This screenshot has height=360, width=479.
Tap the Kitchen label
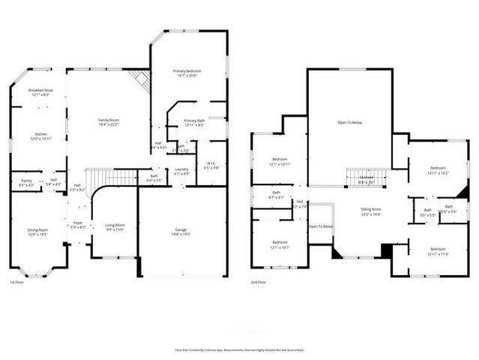(40, 136)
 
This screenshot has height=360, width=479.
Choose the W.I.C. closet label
(211, 165)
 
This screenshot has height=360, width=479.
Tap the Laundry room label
(181, 171)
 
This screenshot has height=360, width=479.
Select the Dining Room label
(37, 232)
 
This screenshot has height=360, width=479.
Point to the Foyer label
(78, 224)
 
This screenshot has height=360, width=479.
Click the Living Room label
(115, 226)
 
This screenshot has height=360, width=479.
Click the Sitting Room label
(371, 211)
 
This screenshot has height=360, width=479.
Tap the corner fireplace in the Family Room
(139, 79)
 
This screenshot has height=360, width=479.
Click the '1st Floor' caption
(19, 282)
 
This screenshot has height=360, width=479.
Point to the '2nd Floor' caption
(260, 282)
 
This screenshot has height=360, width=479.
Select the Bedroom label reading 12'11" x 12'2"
(438, 169)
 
